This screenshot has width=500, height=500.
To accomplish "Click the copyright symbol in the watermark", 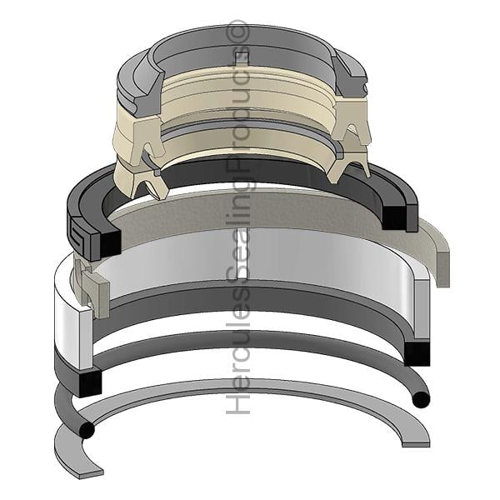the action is coord(237,32).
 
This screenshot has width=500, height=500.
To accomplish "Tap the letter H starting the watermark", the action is coord(237,402).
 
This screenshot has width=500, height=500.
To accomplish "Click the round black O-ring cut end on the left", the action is coord(87,431).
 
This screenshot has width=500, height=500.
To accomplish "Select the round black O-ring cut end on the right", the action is coord(421,399).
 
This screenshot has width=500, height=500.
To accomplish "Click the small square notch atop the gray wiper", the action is coord(241,57).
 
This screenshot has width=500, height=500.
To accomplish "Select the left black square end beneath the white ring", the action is coord(90,383).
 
